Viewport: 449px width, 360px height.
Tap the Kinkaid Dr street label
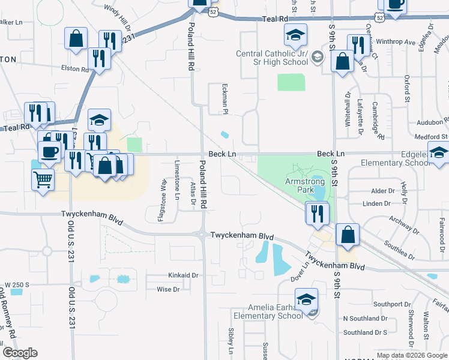[185, 275]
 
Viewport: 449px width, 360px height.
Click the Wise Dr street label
[168, 290]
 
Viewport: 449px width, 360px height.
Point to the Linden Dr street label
[377, 204]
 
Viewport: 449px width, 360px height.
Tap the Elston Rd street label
[75, 68]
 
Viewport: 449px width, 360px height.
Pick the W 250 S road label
[17, 284]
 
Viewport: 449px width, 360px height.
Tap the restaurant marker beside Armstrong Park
[316, 213]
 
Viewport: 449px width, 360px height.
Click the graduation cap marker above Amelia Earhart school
[306, 300]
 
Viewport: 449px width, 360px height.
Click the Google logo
[20, 353]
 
